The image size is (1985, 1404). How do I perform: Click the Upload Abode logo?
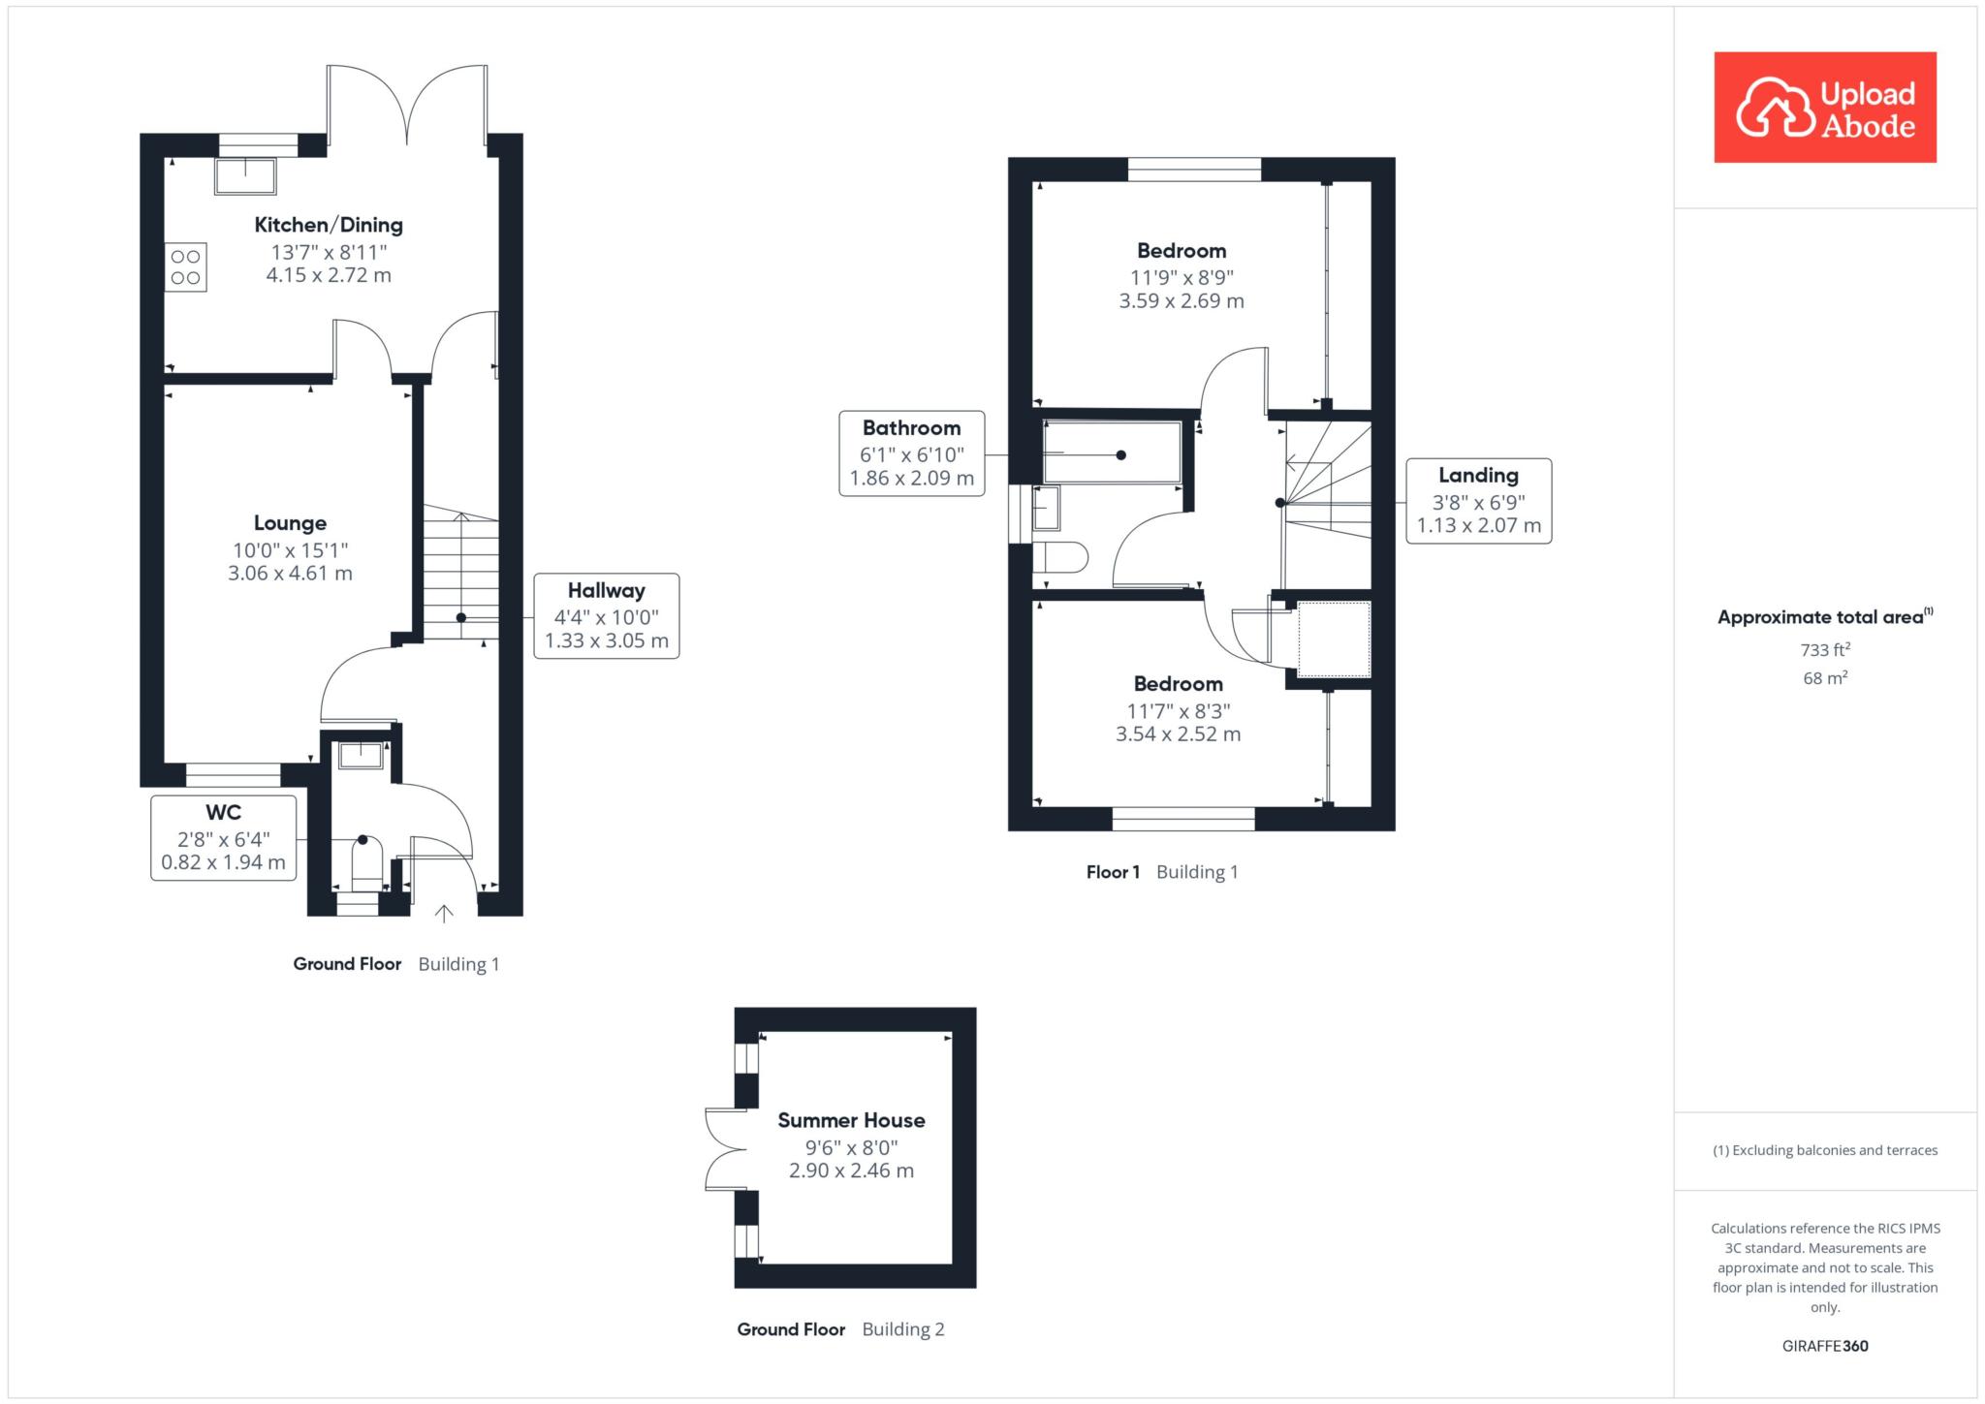coord(1825,108)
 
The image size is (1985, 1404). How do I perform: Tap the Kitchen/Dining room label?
coord(329,225)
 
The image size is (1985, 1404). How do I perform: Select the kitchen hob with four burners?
coord(185,267)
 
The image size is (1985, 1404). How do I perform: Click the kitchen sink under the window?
coord(245,176)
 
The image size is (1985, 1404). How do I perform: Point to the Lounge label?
coord(290,523)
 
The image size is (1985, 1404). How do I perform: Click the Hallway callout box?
coord(607,616)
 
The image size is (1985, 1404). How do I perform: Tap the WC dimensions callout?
coord(224,838)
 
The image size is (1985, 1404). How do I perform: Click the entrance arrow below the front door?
coord(444,912)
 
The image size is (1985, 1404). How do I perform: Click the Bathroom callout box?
coord(912,453)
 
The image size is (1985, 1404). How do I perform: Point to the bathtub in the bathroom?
coord(1113,452)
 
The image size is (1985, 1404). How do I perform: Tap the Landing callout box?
coord(1479,501)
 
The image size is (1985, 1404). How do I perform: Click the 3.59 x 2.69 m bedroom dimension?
coord(1182,301)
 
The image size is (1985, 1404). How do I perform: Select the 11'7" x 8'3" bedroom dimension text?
coord(1179,710)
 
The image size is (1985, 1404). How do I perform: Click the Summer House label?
coord(851,1120)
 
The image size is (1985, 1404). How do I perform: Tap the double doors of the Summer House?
coord(726,1149)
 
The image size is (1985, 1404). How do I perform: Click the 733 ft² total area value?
coord(1825,649)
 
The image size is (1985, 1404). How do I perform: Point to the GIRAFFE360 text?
coord(1825,1346)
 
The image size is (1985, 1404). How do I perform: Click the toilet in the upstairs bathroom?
coord(1060,557)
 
